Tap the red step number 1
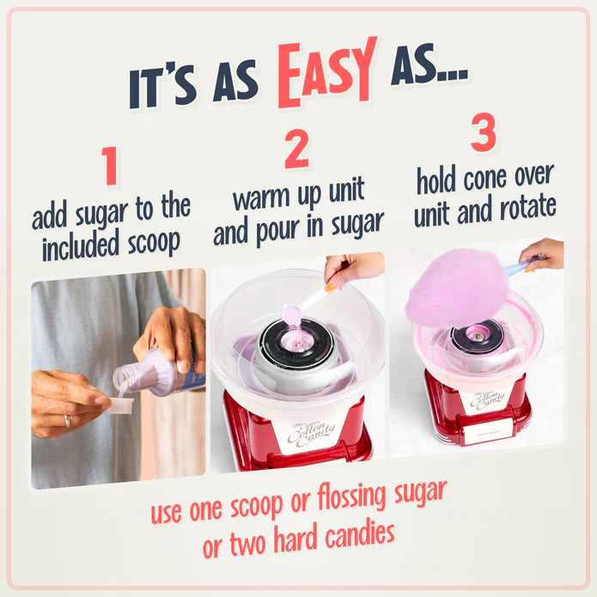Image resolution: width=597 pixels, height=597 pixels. tap(109, 167)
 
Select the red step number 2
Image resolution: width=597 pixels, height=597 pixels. tap(296, 150)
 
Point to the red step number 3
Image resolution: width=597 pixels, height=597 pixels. tap(484, 134)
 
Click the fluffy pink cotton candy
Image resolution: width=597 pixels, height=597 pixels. tap(456, 286)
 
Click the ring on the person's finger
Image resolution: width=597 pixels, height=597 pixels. tap(67, 421)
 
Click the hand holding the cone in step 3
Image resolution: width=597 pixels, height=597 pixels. tap(545, 252)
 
